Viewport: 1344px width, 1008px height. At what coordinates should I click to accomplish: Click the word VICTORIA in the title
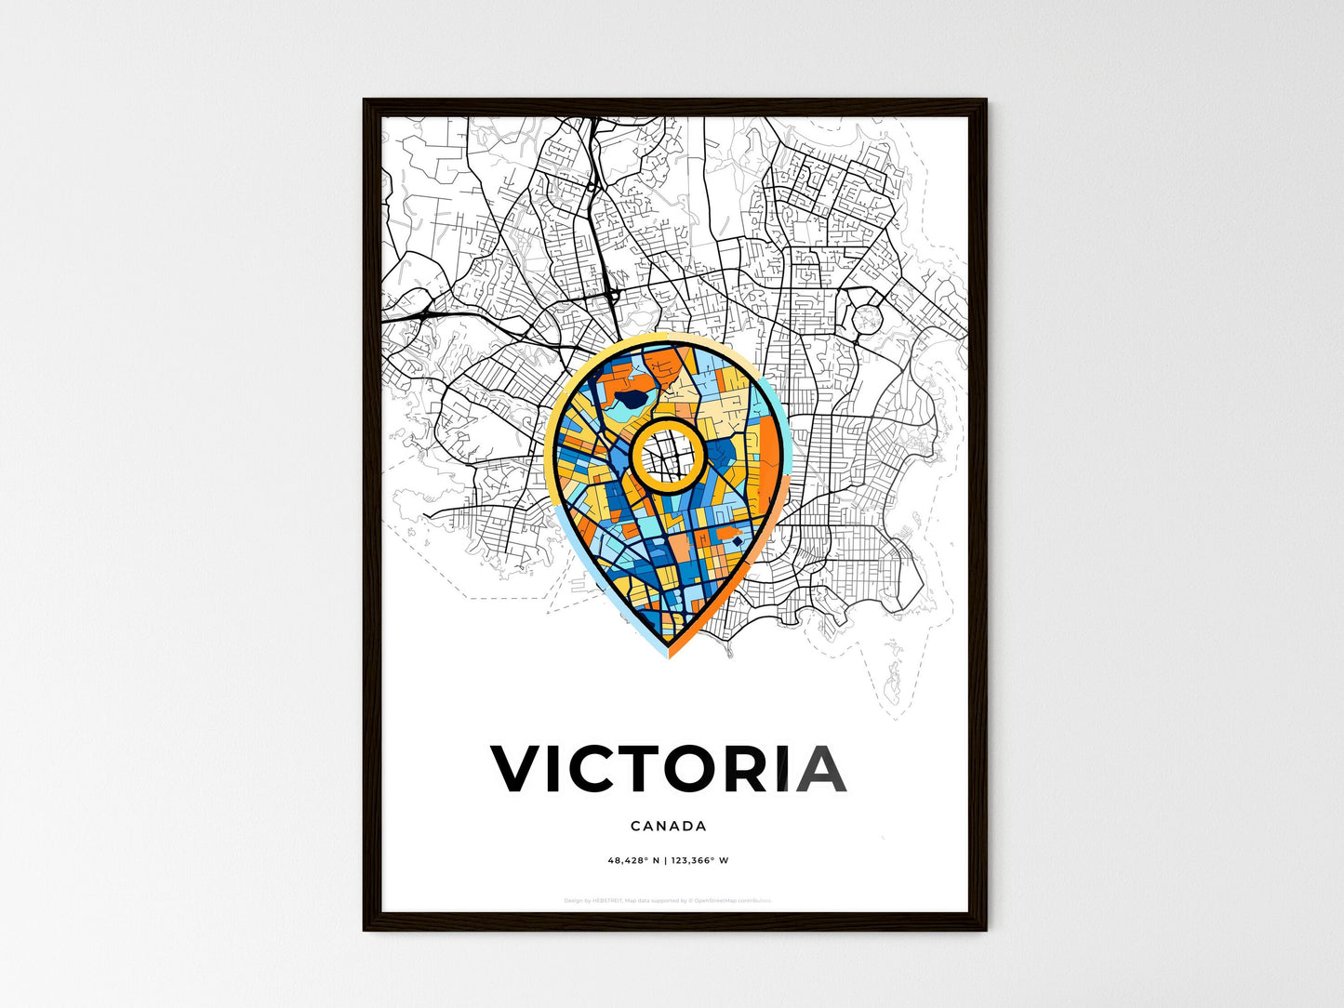point(668,769)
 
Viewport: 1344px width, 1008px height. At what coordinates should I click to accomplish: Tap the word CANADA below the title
point(668,826)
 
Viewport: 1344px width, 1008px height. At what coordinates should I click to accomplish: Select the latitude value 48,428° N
point(633,860)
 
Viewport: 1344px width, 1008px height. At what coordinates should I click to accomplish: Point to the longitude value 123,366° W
point(699,860)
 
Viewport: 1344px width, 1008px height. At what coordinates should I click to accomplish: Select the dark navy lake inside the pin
point(630,402)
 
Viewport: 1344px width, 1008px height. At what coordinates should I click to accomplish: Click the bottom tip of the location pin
point(669,654)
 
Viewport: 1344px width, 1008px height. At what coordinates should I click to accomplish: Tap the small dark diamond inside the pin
point(737,540)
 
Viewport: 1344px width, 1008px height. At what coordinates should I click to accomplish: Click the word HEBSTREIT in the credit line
point(608,900)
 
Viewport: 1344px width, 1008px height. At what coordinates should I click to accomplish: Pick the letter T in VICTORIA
point(650,769)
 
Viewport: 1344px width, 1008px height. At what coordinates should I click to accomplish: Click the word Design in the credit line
point(573,900)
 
